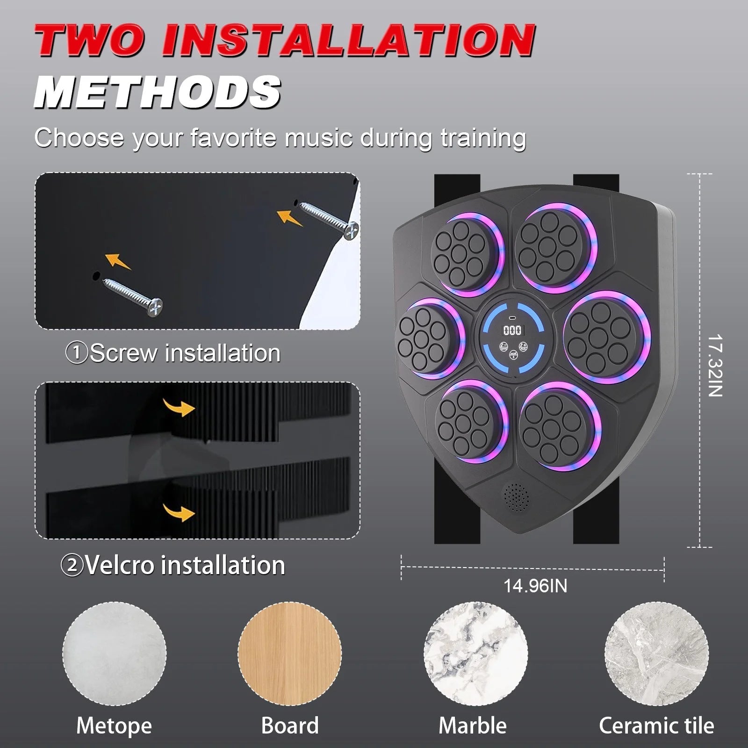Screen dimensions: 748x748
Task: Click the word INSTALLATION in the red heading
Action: click(x=348, y=41)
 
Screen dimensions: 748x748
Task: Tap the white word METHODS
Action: click(x=157, y=92)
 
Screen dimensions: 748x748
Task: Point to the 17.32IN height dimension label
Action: click(x=715, y=365)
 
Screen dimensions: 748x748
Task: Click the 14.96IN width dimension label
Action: click(x=535, y=586)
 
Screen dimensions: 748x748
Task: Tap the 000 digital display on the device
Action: click(x=512, y=331)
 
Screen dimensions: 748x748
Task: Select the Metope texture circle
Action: click(x=115, y=653)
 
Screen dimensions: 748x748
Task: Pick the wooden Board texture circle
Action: click(x=289, y=653)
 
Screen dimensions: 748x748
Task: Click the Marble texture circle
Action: click(x=475, y=653)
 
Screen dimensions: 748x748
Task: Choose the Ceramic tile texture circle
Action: click(x=656, y=653)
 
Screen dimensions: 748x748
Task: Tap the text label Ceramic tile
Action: click(x=656, y=726)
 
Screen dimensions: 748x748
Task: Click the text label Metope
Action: click(x=114, y=726)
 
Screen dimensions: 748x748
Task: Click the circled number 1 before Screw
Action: click(x=77, y=353)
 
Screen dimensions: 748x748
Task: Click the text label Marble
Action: click(x=473, y=726)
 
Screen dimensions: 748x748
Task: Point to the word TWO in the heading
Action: click(x=89, y=41)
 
